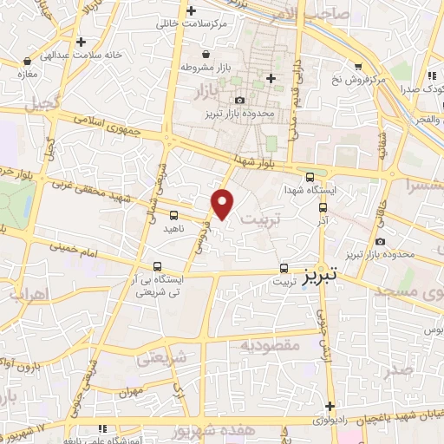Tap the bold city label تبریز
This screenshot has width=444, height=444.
tap(322, 276)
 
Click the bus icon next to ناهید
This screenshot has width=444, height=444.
tap(174, 214)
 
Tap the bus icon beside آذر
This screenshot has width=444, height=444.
tap(323, 208)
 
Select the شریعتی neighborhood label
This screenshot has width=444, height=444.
tap(162, 356)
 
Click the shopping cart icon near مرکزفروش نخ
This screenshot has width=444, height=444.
tap(357, 66)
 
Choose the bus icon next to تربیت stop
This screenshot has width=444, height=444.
tap(284, 267)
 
